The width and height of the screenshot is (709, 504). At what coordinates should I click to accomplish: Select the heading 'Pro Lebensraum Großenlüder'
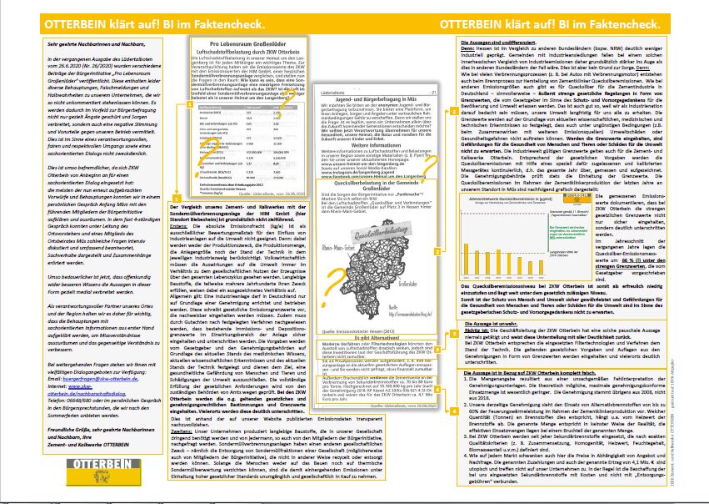tap(250, 42)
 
